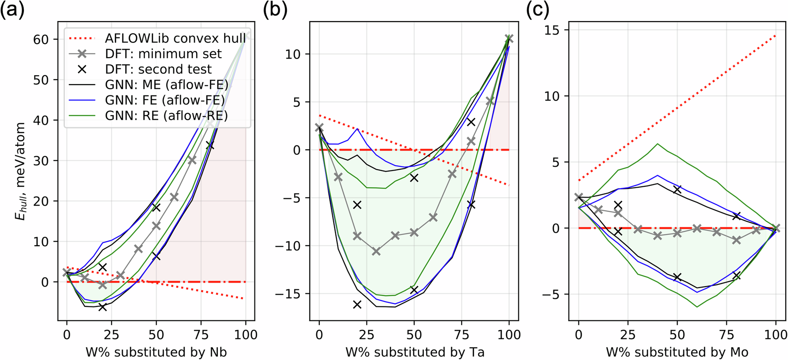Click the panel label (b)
[275, 9]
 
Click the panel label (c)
[538, 9]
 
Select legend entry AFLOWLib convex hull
[175, 38]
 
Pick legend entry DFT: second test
[158, 69]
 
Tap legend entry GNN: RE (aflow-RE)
[166, 116]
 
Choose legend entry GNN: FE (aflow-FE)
[165, 100]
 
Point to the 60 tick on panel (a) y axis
[41, 40]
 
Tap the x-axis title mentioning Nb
[156, 352]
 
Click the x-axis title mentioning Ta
[415, 352]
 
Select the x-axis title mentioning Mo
[677, 352]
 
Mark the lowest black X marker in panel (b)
[357, 305]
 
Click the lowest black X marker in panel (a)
[103, 307]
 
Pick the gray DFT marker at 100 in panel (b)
[509, 39]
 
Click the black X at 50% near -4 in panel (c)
[677, 277]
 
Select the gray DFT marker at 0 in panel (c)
[579, 198]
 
